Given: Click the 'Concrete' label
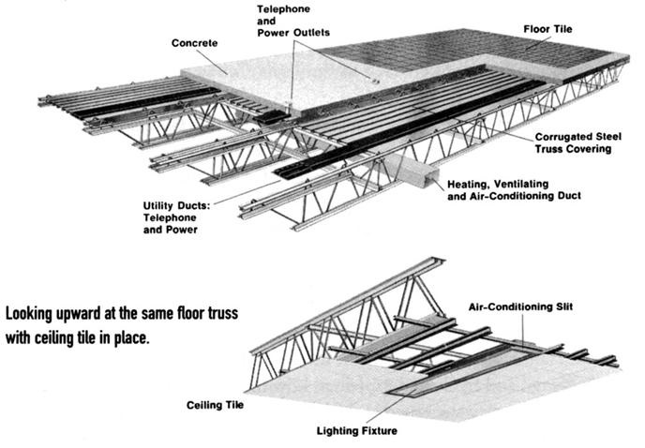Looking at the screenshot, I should tap(195, 44).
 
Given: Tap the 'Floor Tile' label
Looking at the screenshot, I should tap(550, 29).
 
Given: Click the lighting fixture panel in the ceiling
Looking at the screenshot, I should tap(450, 371).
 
